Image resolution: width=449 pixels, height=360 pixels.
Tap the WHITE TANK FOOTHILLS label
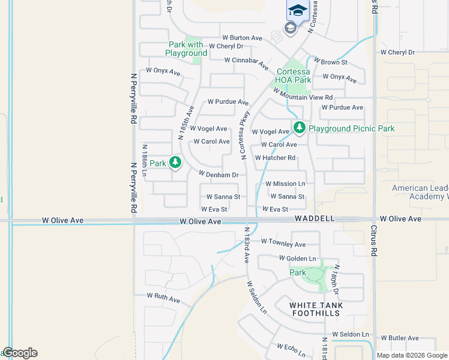(x=316, y=310)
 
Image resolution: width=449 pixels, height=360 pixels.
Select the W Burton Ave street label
(x=242, y=38)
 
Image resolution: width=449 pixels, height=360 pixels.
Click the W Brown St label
(x=330, y=62)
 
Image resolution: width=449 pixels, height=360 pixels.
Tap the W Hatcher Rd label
(x=276, y=158)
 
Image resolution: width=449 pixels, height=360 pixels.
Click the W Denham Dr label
(x=219, y=175)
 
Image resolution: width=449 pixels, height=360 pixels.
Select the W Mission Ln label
(x=285, y=184)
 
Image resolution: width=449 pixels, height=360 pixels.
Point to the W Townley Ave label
(x=283, y=244)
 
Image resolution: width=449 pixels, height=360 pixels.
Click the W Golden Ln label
(x=297, y=258)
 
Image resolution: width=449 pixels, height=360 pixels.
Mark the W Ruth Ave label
(x=163, y=298)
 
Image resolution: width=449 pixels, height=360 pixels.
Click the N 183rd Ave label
(x=246, y=245)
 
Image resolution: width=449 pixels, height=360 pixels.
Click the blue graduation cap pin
(x=297, y=10)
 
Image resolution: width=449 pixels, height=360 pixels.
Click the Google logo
(x=20, y=353)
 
